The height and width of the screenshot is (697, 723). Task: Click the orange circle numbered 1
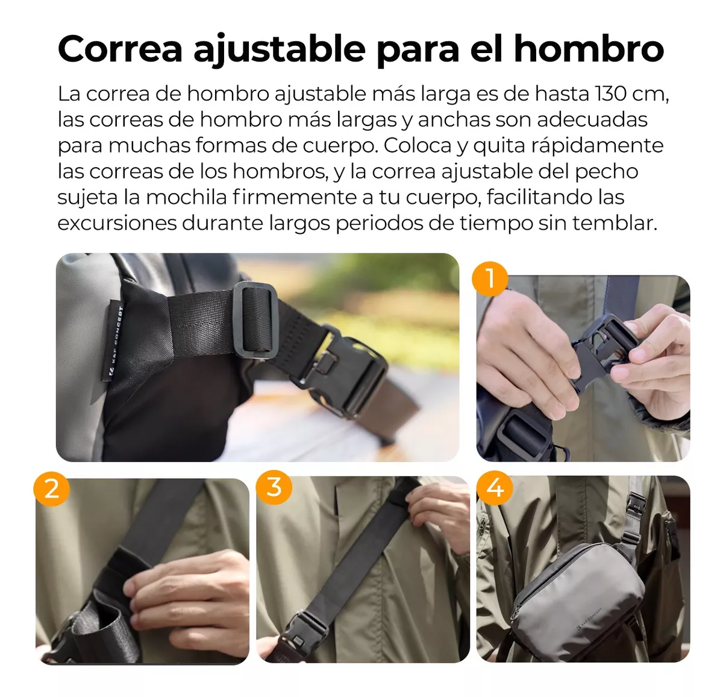[x=490, y=279]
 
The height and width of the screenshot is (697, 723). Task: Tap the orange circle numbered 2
[x=52, y=488]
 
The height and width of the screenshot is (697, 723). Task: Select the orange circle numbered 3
[x=274, y=487]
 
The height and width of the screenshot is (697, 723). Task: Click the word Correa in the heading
[x=120, y=49]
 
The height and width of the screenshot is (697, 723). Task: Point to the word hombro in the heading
[x=589, y=49]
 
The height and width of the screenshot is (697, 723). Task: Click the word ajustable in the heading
[x=279, y=50]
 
